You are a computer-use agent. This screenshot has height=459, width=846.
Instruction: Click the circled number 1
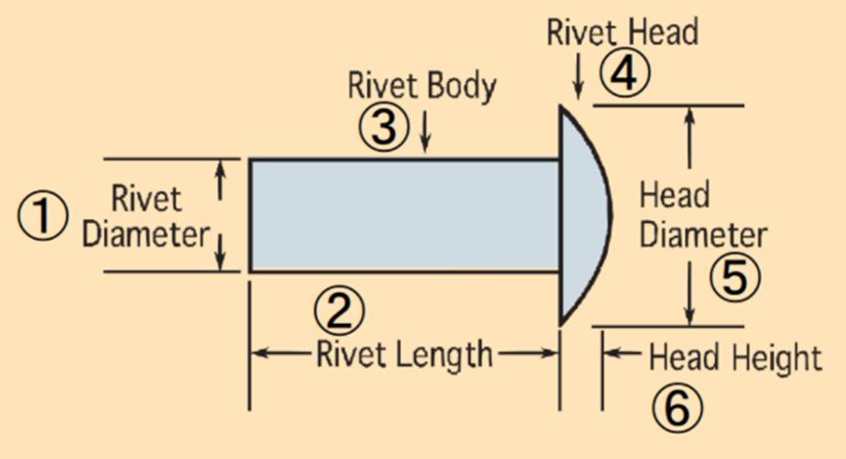pos(42,215)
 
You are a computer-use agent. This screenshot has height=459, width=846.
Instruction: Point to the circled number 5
pos(735,278)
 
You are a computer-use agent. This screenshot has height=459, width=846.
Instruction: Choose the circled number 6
pos(677,408)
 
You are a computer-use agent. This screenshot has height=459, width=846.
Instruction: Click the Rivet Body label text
pos(422,86)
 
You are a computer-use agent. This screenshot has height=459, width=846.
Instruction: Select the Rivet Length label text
pos(404,354)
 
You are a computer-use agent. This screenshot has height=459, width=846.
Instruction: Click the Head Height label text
pos(735,358)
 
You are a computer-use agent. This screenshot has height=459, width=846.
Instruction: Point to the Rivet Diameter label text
pos(146,216)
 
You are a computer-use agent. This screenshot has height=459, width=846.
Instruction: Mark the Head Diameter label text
pos(702,216)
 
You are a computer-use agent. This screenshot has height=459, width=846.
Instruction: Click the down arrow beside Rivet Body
pos(424,136)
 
